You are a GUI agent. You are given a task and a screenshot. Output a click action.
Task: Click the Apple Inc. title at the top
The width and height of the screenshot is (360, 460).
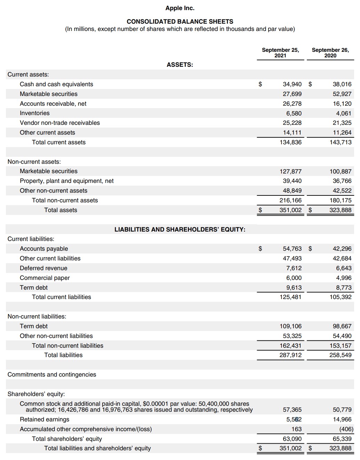(180, 8)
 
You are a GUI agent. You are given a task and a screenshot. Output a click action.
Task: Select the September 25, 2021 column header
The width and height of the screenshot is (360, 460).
(280, 53)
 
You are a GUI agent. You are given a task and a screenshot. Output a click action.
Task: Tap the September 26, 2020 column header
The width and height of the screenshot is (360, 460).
(330, 53)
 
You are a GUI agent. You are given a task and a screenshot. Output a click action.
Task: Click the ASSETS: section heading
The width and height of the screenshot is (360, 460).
(180, 65)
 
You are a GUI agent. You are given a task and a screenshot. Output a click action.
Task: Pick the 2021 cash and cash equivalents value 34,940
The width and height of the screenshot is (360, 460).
(292, 84)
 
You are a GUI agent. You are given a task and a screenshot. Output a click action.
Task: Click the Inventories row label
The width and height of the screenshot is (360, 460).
(35, 113)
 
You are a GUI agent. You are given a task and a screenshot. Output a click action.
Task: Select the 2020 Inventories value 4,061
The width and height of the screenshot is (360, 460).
(343, 113)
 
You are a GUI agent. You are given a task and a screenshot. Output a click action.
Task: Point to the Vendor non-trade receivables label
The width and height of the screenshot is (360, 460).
(60, 123)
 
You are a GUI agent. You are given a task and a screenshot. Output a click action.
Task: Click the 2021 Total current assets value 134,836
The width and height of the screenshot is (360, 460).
(291, 142)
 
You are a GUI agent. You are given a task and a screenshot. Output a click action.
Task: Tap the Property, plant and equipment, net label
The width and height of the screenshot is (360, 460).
(67, 181)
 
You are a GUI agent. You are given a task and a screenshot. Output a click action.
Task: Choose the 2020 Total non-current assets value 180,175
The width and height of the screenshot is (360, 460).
(341, 200)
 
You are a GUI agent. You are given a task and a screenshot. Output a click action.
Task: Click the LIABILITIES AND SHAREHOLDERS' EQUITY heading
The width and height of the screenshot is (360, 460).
(180, 229)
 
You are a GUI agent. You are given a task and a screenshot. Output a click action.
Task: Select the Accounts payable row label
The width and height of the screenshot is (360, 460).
(44, 249)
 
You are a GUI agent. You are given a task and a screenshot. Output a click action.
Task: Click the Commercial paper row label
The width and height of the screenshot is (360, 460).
(45, 278)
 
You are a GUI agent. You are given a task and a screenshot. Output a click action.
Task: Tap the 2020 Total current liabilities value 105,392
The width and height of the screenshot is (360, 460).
(341, 297)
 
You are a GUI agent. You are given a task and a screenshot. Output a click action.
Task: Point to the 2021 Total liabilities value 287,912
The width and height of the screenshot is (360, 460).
(291, 355)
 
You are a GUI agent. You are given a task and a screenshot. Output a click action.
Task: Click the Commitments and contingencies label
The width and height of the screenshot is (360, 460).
(52, 374)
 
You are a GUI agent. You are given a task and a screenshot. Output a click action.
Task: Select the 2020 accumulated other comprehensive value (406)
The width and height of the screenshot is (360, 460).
(346, 429)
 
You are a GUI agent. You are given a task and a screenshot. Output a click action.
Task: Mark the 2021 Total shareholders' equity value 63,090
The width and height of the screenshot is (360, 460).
(292, 439)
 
